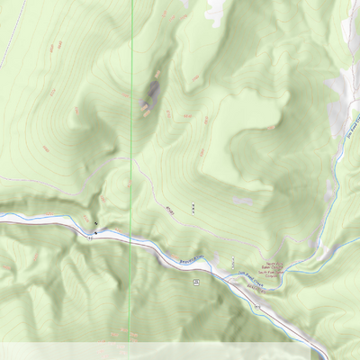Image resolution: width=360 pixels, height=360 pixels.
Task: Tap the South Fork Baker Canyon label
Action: pos(277,273)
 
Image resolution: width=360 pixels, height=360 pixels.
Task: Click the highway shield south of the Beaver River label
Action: pos(195,282)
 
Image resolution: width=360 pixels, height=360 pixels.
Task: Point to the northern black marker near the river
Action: pos(94,221)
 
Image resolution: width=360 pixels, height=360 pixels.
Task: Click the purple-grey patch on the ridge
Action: pos(151,90)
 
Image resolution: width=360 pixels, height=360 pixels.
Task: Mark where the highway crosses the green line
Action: pos(131,239)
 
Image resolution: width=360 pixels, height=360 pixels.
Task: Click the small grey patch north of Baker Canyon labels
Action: pos(243,201)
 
